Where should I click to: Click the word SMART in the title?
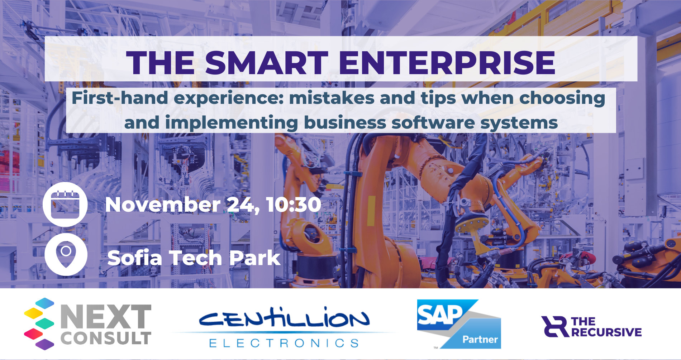(x=266, y=63)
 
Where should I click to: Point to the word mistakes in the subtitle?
(x=332, y=98)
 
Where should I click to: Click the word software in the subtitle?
(x=433, y=123)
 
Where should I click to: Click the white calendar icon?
(x=65, y=204)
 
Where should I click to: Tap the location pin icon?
(x=66, y=254)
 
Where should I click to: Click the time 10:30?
(x=294, y=205)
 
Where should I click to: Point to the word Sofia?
(x=135, y=258)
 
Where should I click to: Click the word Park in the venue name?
(x=254, y=258)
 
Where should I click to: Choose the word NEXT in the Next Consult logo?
(x=106, y=317)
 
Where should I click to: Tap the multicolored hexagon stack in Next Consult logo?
(x=39, y=323)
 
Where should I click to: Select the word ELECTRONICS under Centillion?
(x=284, y=343)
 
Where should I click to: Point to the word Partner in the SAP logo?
(x=480, y=339)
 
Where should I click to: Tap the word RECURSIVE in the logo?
(x=606, y=332)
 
